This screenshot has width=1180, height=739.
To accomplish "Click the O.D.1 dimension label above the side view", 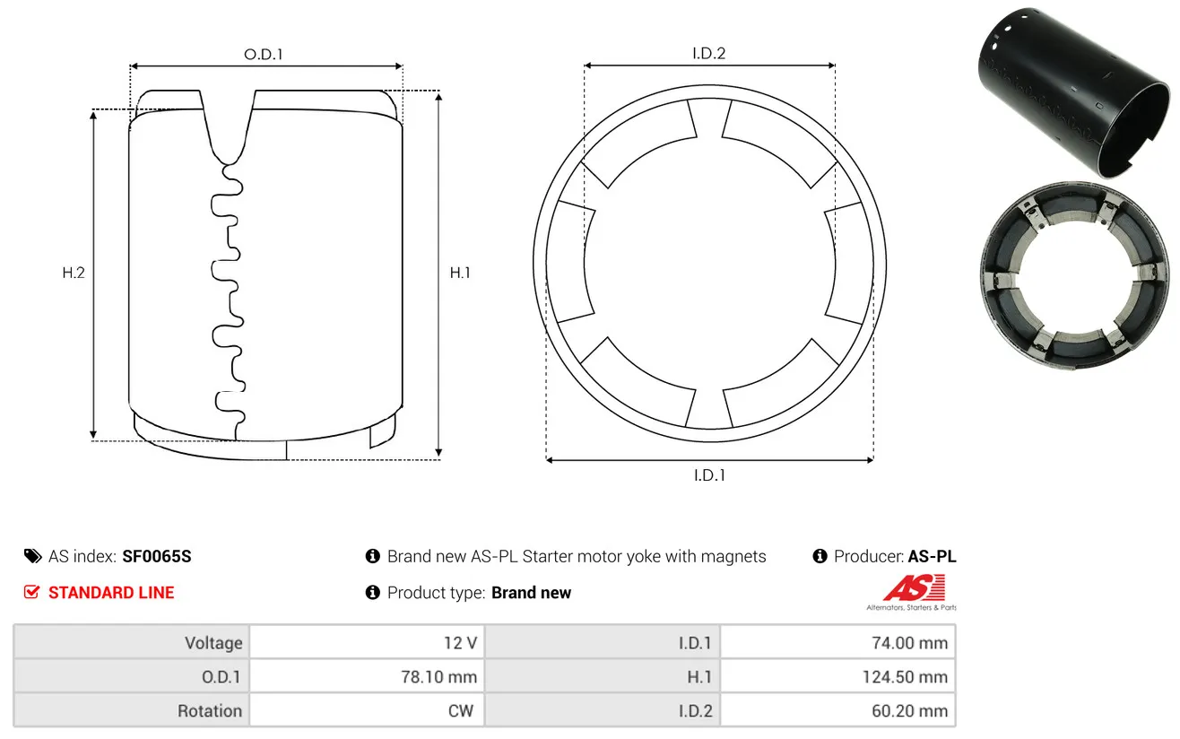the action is pyautogui.click(x=264, y=54).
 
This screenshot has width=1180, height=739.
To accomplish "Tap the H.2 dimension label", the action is pyautogui.click(x=74, y=273).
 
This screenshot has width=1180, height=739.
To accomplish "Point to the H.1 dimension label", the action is pyautogui.click(x=460, y=273).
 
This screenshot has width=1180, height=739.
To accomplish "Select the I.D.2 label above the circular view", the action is pyautogui.click(x=708, y=53).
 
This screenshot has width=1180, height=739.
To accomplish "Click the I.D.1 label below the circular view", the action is pyautogui.click(x=709, y=475).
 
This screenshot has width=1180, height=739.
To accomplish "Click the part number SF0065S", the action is pyautogui.click(x=156, y=556).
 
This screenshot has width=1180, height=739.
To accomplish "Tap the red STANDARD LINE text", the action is pyautogui.click(x=111, y=593).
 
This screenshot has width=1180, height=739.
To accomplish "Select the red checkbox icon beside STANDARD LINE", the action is pyautogui.click(x=31, y=592).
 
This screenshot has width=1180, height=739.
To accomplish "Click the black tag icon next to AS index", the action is pyautogui.click(x=32, y=556).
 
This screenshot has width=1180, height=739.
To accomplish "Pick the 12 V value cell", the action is pyautogui.click(x=367, y=643).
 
